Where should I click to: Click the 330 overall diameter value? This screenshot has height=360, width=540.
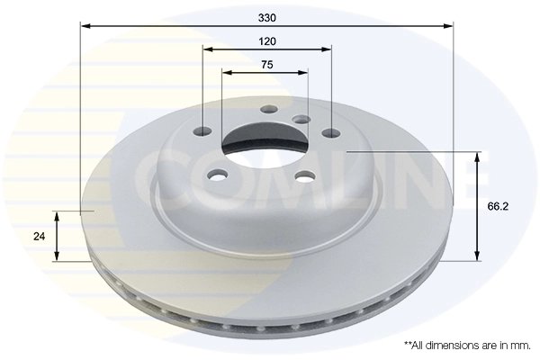[266, 17]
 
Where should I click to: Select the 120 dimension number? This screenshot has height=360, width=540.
[266, 41]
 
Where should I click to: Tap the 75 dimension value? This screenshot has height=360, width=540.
[266, 64]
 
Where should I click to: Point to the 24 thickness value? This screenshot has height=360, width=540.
[39, 237]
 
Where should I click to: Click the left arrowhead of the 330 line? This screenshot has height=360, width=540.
[83, 27]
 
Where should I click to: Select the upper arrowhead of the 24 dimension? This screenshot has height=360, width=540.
[56, 215]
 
